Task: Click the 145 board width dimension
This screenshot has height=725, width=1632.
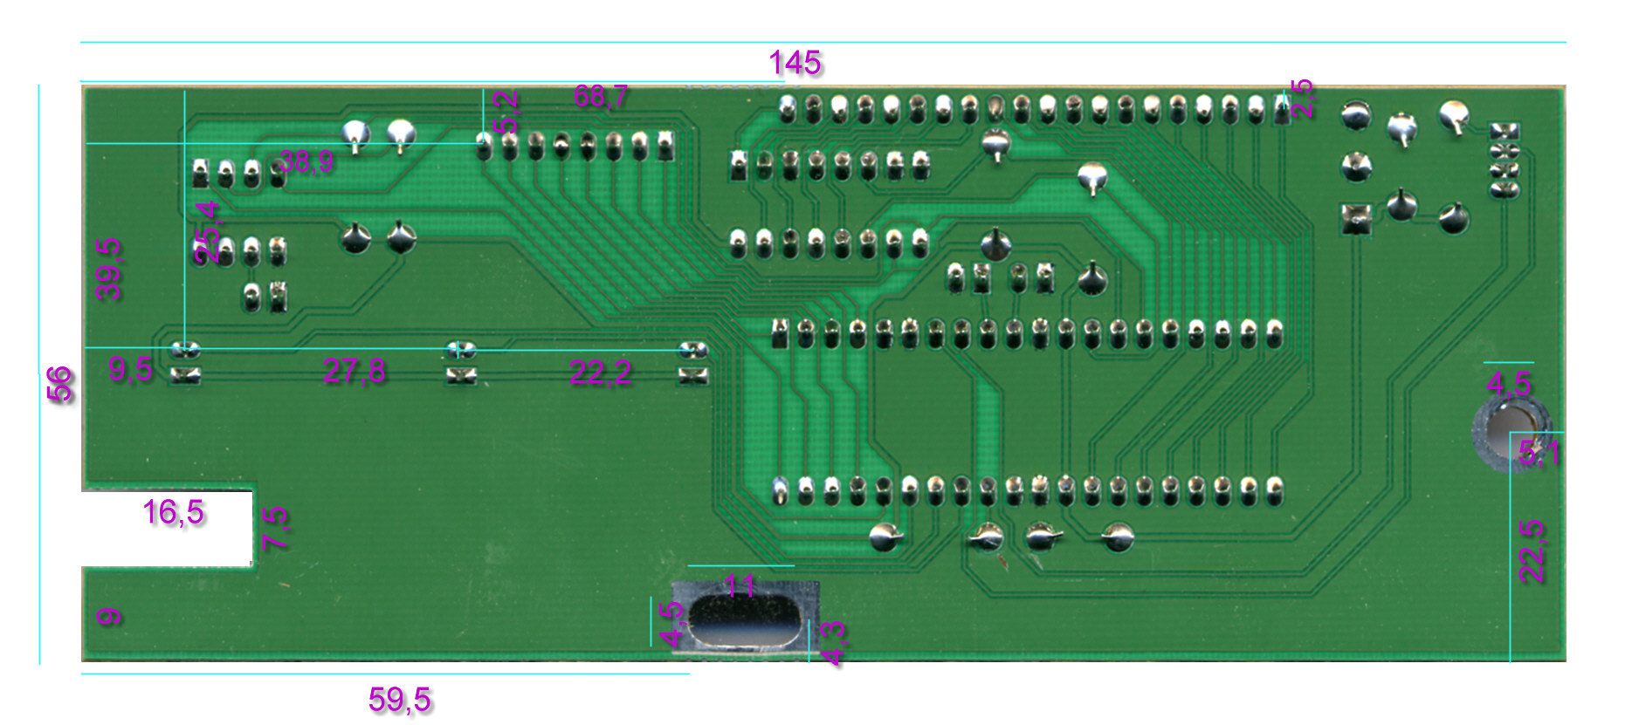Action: [x=795, y=63]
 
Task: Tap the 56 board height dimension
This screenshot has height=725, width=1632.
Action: [x=59, y=384]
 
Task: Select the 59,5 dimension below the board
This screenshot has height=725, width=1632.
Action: [x=400, y=699]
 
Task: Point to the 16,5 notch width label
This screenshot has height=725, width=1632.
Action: [x=173, y=512]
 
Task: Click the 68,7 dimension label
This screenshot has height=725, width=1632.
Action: [x=601, y=96]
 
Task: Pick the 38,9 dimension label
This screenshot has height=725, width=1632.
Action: [x=306, y=161]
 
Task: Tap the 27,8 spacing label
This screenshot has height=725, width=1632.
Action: [x=354, y=372]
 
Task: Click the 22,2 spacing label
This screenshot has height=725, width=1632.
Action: [x=600, y=373]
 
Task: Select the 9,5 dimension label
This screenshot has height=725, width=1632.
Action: [x=131, y=370]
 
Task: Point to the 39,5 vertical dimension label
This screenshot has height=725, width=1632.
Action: [x=109, y=269]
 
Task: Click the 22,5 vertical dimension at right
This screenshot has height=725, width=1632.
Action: [x=1532, y=551]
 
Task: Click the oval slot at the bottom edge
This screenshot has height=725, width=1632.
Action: [x=745, y=620]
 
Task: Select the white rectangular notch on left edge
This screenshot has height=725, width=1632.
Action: [x=166, y=529]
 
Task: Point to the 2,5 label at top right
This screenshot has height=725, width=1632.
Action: [x=1301, y=98]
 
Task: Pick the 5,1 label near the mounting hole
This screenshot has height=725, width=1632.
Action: [x=1539, y=453]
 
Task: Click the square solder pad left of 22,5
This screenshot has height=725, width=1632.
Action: [x=1355, y=218]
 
